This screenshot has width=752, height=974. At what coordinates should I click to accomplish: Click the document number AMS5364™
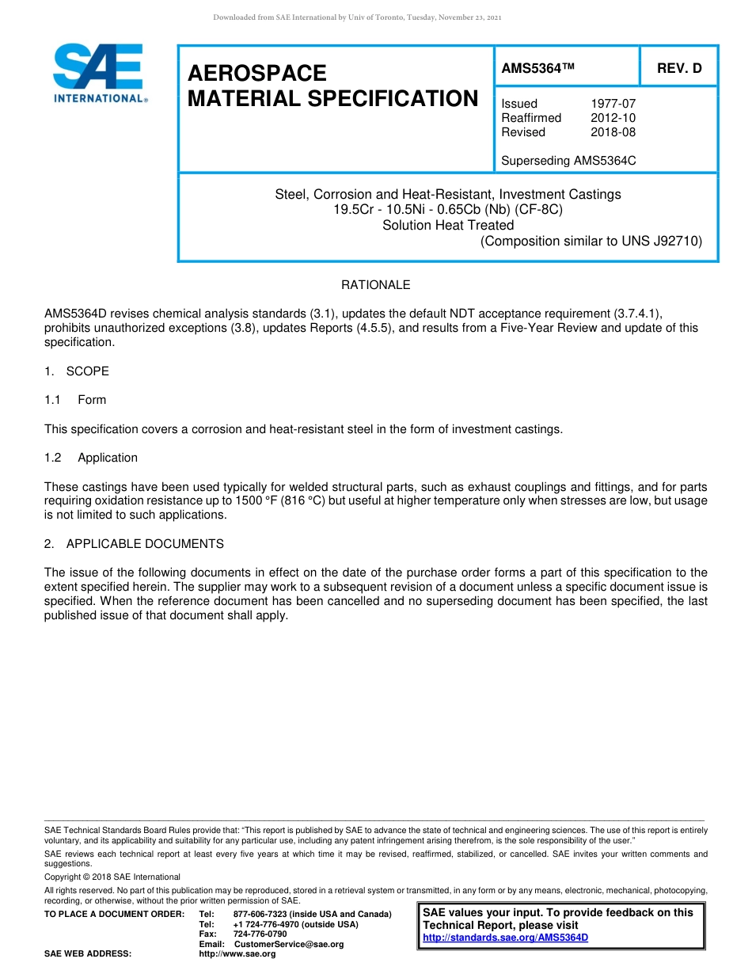pyautogui.click(x=537, y=69)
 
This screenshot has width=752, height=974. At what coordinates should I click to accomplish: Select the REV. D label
pyautogui.click(x=678, y=69)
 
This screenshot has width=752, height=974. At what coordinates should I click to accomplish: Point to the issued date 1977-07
pyautogui.click(x=613, y=104)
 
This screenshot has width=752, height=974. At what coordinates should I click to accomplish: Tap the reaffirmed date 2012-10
pyautogui.click(x=613, y=118)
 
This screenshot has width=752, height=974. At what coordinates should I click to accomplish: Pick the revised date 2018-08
pyautogui.click(x=613, y=132)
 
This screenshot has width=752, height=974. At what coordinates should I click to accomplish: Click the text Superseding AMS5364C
pyautogui.click(x=568, y=161)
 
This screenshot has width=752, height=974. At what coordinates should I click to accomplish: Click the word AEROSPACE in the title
pyautogui.click(x=257, y=74)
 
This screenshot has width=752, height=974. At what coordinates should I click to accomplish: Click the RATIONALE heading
pyautogui.click(x=375, y=285)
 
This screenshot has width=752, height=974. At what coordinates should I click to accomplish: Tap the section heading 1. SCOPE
pyautogui.click(x=77, y=371)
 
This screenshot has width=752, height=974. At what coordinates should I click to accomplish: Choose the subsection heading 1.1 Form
pyautogui.click(x=75, y=400)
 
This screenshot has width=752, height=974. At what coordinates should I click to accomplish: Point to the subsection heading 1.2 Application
pyautogui.click(x=91, y=458)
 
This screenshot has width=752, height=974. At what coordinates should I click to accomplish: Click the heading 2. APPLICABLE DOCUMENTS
pyautogui.click(x=134, y=544)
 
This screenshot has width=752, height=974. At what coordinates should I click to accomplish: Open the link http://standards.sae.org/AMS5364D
pyautogui.click(x=505, y=938)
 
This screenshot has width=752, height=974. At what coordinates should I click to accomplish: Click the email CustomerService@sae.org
pyautogui.click(x=289, y=944)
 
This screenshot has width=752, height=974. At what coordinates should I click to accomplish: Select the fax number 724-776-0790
pyautogui.click(x=260, y=934)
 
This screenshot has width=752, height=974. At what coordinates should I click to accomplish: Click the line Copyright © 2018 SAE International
pyautogui.click(x=112, y=877)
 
